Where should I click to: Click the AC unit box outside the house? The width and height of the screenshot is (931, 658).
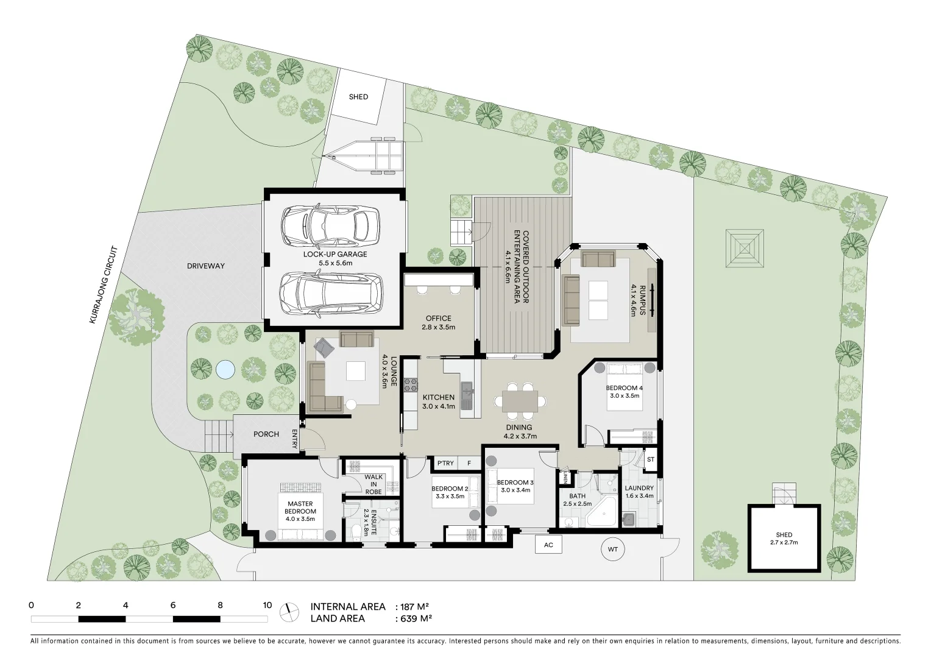pyautogui.click(x=548, y=545)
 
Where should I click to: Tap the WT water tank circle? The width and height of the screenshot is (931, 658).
pyautogui.click(x=612, y=550)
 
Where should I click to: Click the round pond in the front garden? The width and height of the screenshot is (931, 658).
pyautogui.click(x=225, y=369)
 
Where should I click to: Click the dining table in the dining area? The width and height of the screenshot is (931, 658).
pyautogui.click(x=520, y=401)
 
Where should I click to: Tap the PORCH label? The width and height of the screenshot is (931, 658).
pyautogui.click(x=266, y=434)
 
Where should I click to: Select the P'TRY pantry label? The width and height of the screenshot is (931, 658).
pyautogui.click(x=445, y=463)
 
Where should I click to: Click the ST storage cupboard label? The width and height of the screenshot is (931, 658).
pyautogui.click(x=650, y=459)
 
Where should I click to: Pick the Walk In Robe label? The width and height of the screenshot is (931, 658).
pyautogui.click(x=373, y=484)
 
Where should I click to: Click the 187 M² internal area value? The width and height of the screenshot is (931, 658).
pyautogui.click(x=414, y=607)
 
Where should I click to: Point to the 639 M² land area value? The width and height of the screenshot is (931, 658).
pyautogui.click(x=416, y=618)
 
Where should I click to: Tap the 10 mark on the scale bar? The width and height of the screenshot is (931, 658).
pyautogui.click(x=267, y=606)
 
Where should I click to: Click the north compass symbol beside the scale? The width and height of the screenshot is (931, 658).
pyautogui.click(x=289, y=612)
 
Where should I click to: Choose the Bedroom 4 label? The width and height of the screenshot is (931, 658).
pyautogui.click(x=624, y=388)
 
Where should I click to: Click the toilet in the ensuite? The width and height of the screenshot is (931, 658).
pyautogui.click(x=355, y=532)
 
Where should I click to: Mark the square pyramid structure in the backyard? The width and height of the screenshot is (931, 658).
pyautogui.click(x=744, y=249)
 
